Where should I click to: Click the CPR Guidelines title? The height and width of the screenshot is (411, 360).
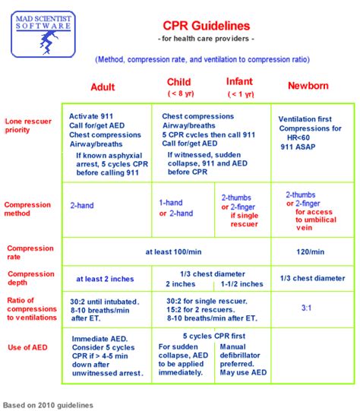pyautogui.click(x=206, y=27)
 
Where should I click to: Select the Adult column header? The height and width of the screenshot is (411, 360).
pyautogui.click(x=103, y=87)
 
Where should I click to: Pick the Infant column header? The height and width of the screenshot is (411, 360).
pyautogui.click(x=241, y=82)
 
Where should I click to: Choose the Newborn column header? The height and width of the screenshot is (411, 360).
pyautogui.click(x=308, y=87)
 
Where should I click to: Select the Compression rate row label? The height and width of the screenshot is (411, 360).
pyautogui.click(x=29, y=252)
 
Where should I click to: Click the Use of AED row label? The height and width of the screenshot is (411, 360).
pyautogui.click(x=29, y=346)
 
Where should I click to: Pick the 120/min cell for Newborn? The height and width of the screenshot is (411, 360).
pyautogui.click(x=310, y=252)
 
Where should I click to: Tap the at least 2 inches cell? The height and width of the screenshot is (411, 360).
pyautogui.click(x=103, y=279)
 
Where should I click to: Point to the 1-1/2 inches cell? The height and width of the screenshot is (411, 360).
pyautogui.click(x=242, y=284)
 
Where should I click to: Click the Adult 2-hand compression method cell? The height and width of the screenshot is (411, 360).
pyautogui.click(x=83, y=205)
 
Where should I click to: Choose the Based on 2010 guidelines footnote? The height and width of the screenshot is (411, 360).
pyautogui.click(x=48, y=405)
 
